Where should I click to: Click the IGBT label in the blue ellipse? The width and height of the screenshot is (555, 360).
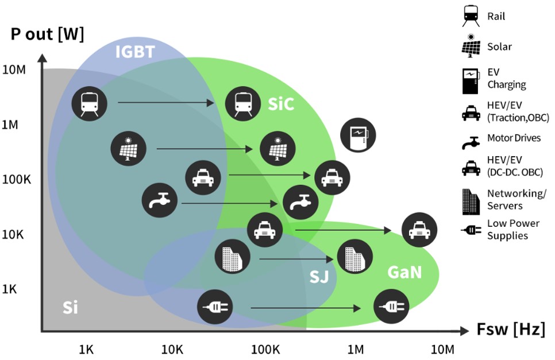pyautogui.click(x=135, y=52)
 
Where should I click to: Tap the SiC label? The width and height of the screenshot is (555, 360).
pyautogui.click(x=281, y=104)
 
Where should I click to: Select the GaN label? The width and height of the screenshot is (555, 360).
pyautogui.click(x=404, y=272)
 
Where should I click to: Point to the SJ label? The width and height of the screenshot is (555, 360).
pyautogui.click(x=319, y=277)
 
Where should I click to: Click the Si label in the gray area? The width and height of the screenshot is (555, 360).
pyautogui.click(x=70, y=308)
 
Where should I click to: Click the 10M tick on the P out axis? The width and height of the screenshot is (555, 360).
pyautogui.click(x=14, y=70)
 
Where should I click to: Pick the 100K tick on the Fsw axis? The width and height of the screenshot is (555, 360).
pyautogui.click(x=265, y=349)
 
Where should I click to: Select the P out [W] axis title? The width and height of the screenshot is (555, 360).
pyautogui.click(x=47, y=34)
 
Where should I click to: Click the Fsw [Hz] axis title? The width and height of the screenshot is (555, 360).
pyautogui.click(x=510, y=330)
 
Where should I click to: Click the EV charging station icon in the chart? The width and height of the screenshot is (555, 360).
pyautogui.click(x=358, y=136)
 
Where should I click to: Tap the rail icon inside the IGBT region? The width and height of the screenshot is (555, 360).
pyautogui.click(x=89, y=104)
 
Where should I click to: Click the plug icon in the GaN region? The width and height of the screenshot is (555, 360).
pyautogui.click(x=391, y=308)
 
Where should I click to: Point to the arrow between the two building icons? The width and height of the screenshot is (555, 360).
pyautogui.click(x=296, y=259)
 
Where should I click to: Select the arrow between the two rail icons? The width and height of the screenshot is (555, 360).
pyautogui.click(x=165, y=103)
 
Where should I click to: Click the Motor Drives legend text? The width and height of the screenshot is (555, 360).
pyautogui.click(x=514, y=138)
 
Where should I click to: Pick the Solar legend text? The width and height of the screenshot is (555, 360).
pyautogui.click(x=499, y=47)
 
